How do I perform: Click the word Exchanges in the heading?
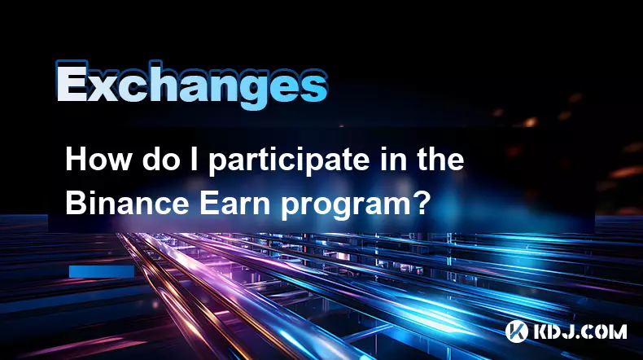[191, 85]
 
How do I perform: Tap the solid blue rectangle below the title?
[102, 271]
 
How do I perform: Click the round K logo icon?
[517, 331]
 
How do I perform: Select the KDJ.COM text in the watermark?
[580, 331]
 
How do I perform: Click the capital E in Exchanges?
[72, 82]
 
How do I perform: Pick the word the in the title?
[441, 160]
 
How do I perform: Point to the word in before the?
[392, 160]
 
